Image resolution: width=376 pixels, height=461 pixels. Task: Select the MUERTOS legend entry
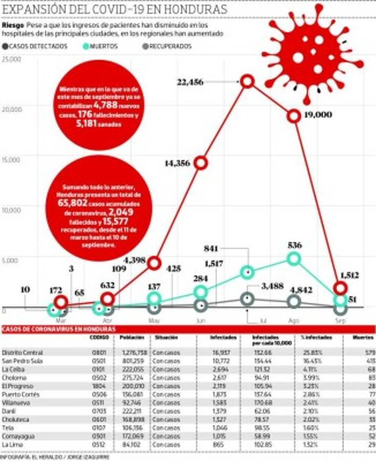point(102,46)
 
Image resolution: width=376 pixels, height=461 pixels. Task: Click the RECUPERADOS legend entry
point(166,46)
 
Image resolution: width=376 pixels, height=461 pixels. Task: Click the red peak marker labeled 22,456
point(248,81)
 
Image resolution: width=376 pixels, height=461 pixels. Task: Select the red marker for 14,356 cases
point(201,163)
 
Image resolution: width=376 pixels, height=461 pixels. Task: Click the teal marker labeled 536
point(294,259)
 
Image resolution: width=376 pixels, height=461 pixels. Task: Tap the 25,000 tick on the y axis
point(11,59)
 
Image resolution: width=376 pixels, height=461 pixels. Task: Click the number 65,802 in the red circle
point(72,203)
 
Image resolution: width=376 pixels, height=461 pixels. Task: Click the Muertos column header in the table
point(363,338)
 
